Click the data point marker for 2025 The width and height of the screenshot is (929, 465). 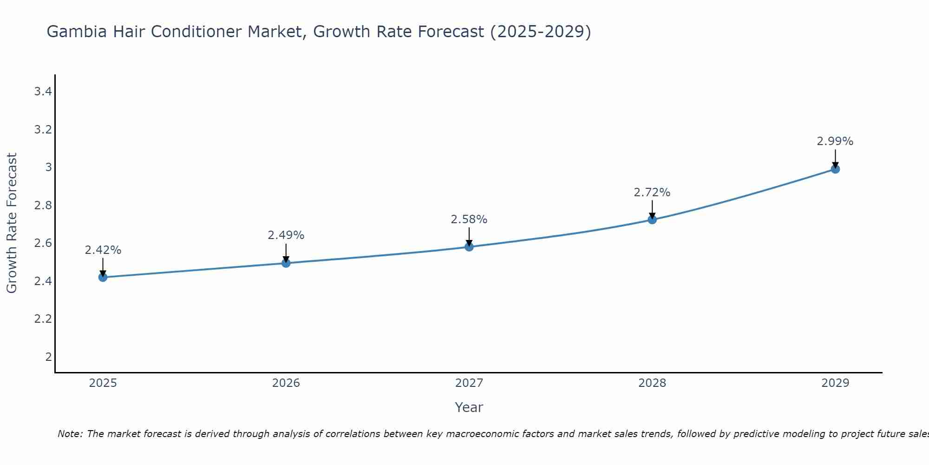(x=103, y=278)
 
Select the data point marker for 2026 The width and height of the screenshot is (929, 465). (x=286, y=263)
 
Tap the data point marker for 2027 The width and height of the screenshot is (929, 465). (x=469, y=246)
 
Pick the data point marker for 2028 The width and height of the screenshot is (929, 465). (x=652, y=219)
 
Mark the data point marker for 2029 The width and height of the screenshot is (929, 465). (x=835, y=169)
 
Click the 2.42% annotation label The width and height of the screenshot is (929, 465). (x=103, y=250)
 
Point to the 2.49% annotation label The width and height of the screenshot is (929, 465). (x=286, y=235)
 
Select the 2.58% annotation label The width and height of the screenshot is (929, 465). (x=469, y=219)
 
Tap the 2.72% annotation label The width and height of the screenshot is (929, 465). (x=652, y=193)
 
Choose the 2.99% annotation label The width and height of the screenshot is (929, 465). (x=835, y=141)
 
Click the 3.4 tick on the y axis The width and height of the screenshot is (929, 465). (x=43, y=92)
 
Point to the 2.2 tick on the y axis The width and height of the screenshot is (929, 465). (x=43, y=319)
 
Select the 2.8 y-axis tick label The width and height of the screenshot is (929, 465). (x=43, y=206)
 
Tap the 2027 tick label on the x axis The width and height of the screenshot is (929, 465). (x=469, y=383)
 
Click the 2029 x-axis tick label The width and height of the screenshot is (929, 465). (x=835, y=383)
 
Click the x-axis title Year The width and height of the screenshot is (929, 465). (x=469, y=407)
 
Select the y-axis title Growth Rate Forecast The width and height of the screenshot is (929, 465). (x=12, y=223)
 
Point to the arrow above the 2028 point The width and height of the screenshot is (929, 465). (x=652, y=209)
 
